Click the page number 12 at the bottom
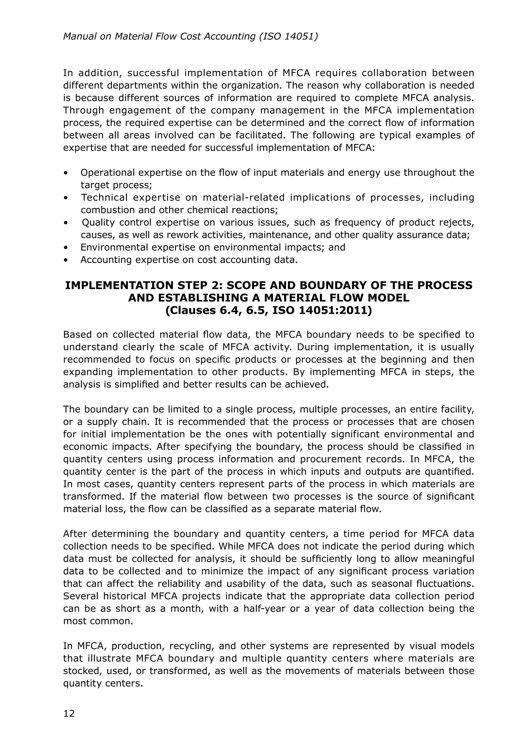pyautogui.click(x=69, y=714)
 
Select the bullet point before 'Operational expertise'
pyautogui.click(x=66, y=173)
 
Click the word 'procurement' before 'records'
pyautogui.click(x=328, y=459)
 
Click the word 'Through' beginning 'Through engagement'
pyautogui.click(x=83, y=110)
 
